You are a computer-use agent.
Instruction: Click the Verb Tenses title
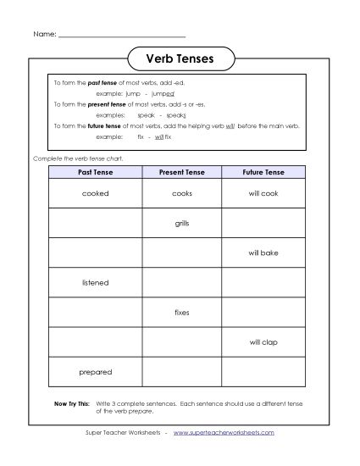point(180,59)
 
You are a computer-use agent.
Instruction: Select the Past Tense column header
point(95,173)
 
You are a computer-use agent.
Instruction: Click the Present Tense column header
point(181,173)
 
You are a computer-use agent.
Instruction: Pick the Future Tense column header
point(263,173)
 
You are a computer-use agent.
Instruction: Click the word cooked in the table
point(96,193)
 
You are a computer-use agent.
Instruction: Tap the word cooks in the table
point(182,193)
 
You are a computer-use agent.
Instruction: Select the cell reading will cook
point(263,193)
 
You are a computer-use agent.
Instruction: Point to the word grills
point(182,223)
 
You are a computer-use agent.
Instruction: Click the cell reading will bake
point(263,252)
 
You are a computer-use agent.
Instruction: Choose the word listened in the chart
point(96,282)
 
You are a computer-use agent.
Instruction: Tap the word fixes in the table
point(182,312)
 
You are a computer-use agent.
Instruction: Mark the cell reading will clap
point(263,341)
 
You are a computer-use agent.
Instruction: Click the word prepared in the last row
point(96,371)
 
